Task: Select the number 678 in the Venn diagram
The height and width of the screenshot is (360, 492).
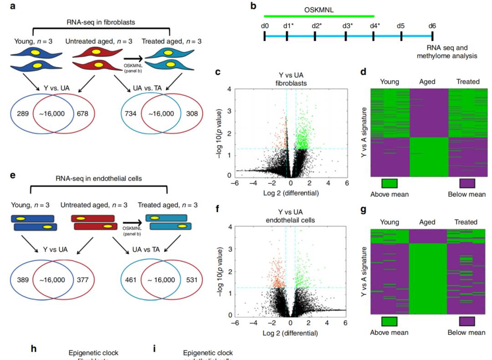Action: pos(88,113)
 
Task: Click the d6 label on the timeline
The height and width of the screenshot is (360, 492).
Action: pos(432,25)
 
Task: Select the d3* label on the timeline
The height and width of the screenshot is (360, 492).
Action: pos(348,25)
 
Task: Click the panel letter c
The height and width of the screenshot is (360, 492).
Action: pos(218,72)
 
